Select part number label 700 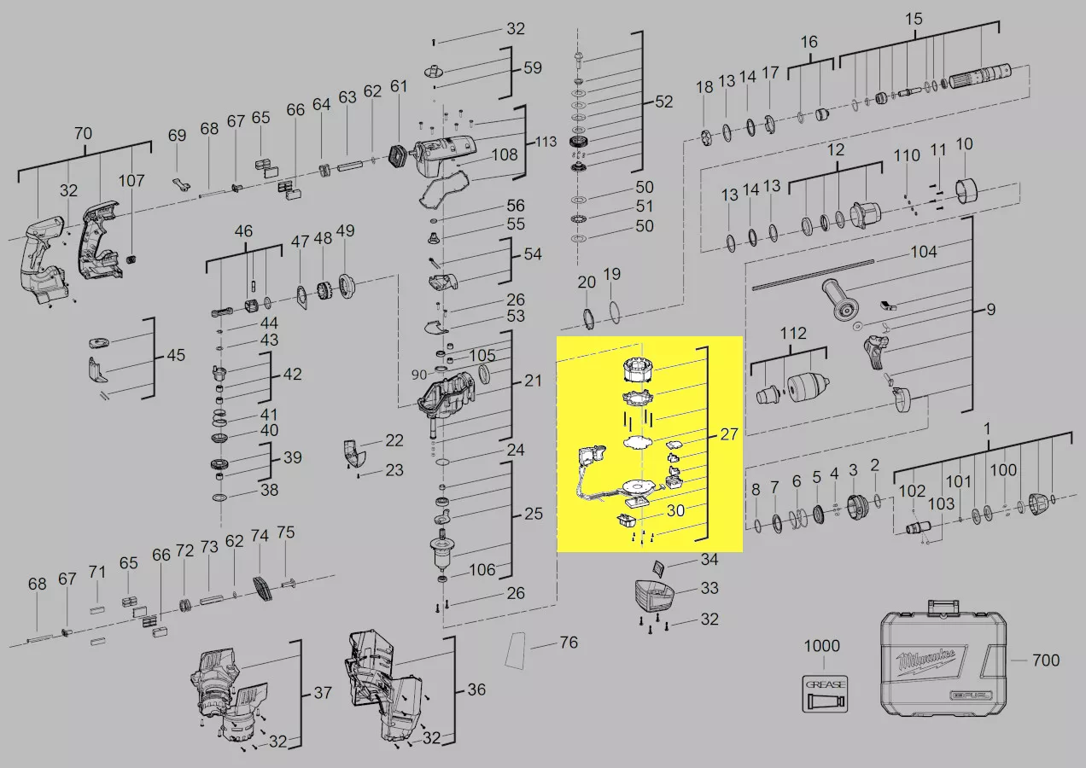click(x=1046, y=660)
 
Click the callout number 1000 click(x=822, y=646)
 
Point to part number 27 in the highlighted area click(x=728, y=434)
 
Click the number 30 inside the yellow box click(x=675, y=510)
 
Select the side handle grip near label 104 click(x=840, y=300)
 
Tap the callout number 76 click(x=569, y=643)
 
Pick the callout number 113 click(x=546, y=142)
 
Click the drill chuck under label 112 click(x=807, y=389)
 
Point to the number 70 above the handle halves click(x=83, y=133)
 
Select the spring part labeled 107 click(x=131, y=259)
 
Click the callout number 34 click(x=709, y=559)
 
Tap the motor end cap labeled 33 click(x=654, y=596)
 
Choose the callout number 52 click(x=663, y=102)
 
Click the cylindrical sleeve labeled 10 click(x=966, y=191)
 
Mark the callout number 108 click(x=505, y=155)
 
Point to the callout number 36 click(x=476, y=689)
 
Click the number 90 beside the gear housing click(x=419, y=375)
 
